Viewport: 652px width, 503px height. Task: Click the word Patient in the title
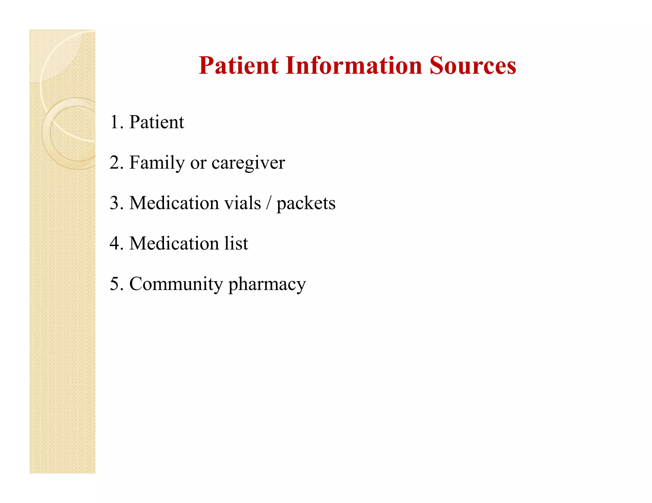click(238, 66)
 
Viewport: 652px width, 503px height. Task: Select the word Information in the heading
click(353, 66)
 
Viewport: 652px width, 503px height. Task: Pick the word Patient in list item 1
click(156, 122)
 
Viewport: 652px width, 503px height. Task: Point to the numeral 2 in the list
click(114, 162)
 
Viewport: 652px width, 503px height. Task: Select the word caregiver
click(248, 163)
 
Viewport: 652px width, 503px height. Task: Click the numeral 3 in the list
click(114, 203)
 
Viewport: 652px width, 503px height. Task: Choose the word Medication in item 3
click(174, 203)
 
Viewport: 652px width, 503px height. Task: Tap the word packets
click(306, 203)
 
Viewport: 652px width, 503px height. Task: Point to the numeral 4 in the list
click(114, 243)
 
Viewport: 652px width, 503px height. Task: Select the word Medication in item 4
click(174, 243)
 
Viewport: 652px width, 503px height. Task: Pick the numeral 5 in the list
click(114, 284)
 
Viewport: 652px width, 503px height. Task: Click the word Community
click(176, 284)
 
